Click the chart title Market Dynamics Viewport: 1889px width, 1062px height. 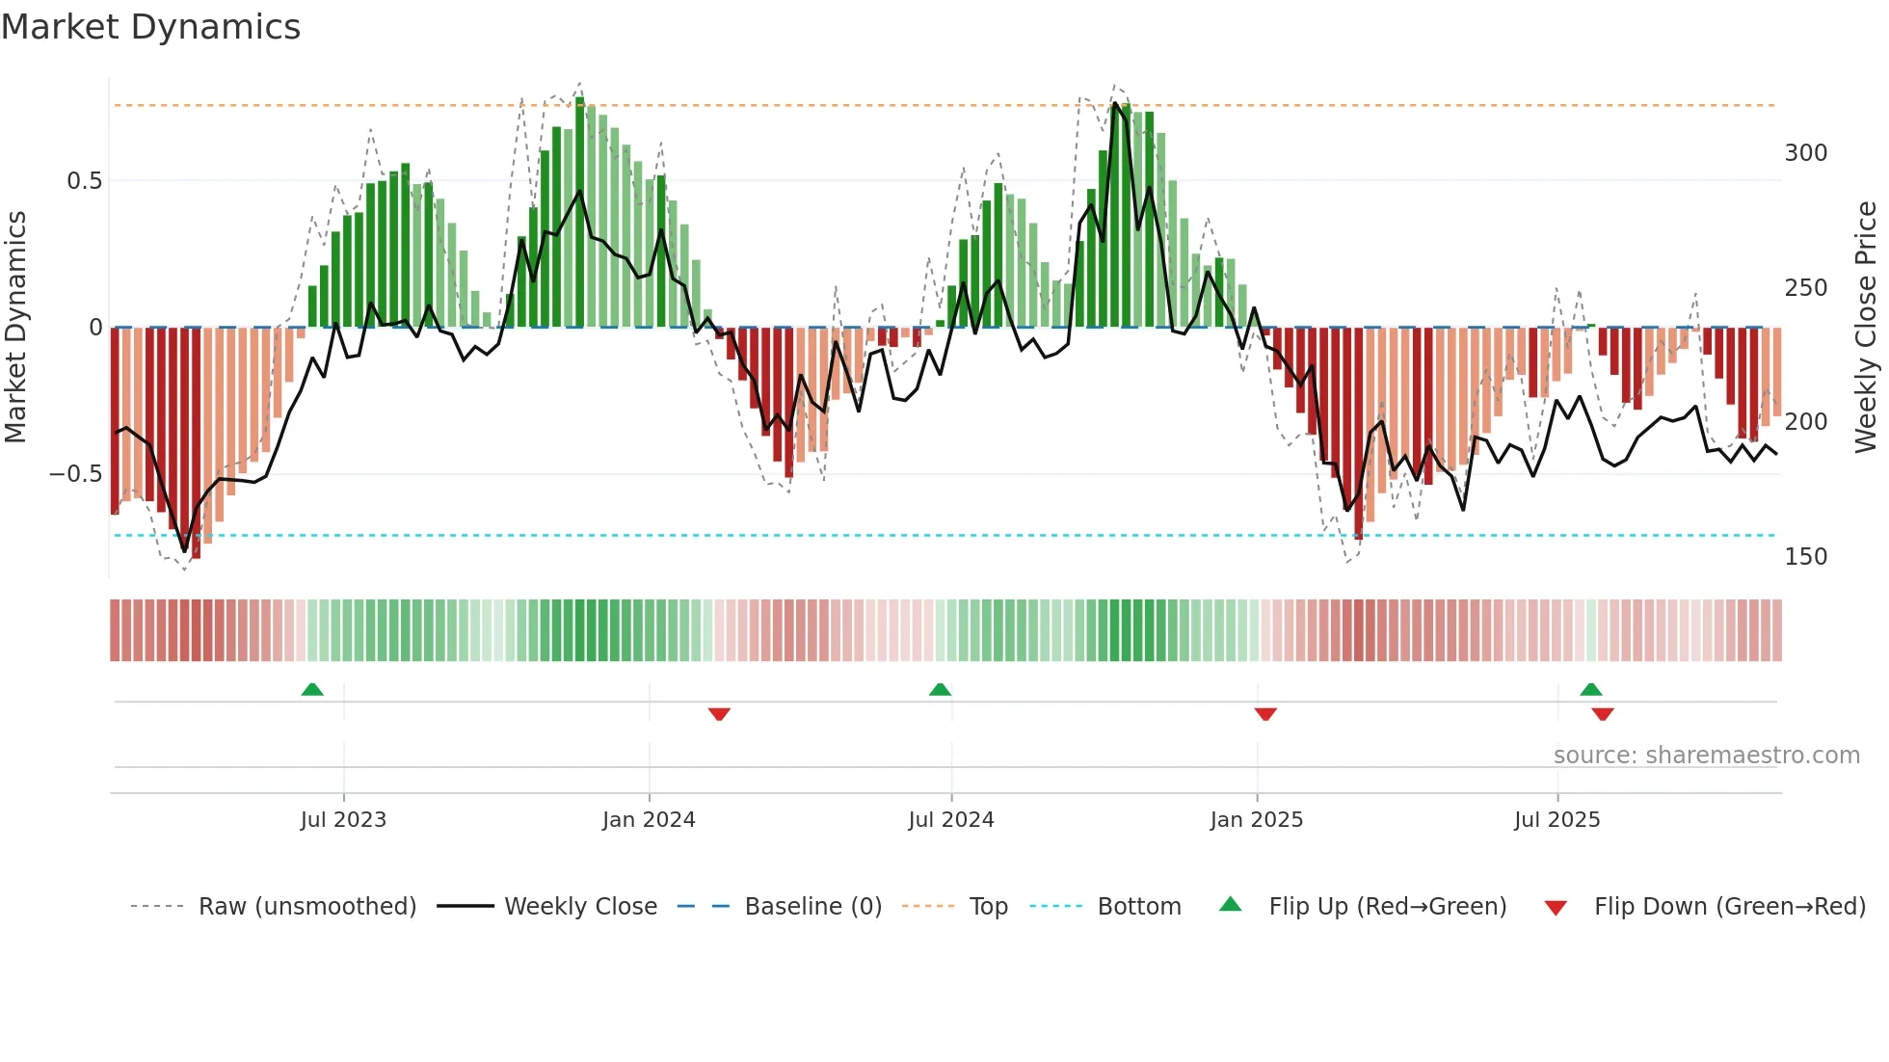point(150,27)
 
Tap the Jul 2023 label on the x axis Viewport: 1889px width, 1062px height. point(343,820)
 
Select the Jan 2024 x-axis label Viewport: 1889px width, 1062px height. point(649,820)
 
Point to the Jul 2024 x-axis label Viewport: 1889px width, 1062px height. point(951,820)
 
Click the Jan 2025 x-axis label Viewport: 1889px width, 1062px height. point(1257,820)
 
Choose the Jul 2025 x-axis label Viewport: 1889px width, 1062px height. point(1557,820)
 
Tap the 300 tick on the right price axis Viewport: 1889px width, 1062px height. point(1806,153)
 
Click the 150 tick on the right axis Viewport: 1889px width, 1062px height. point(1806,557)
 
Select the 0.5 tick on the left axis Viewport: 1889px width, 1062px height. point(84,181)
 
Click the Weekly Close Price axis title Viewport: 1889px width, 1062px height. point(1866,328)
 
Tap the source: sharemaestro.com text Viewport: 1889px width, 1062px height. point(1707,756)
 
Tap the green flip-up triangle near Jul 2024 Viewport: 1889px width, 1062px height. point(940,689)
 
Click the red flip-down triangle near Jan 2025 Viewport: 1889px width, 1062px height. point(1265,714)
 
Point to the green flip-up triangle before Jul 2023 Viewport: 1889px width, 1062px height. point(312,689)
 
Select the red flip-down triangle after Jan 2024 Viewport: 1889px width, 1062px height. point(719,714)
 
